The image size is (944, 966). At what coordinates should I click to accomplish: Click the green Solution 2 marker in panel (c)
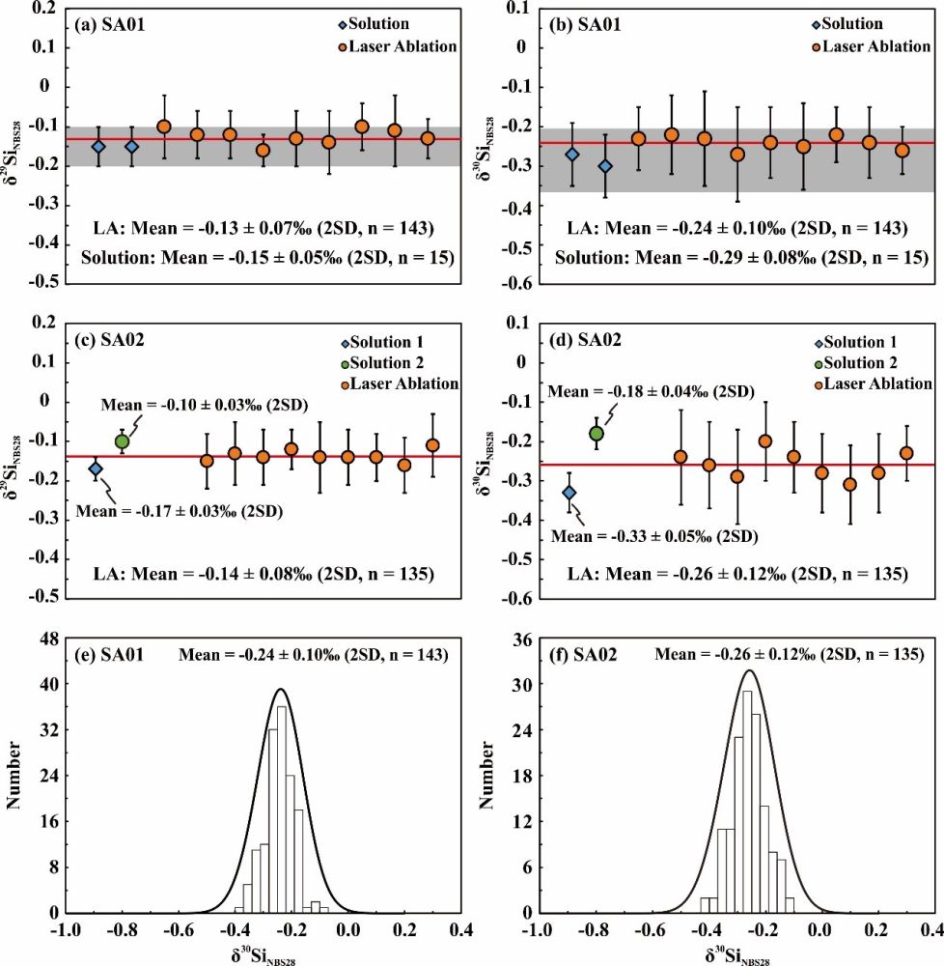122,441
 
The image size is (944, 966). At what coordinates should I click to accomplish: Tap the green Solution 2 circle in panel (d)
597,433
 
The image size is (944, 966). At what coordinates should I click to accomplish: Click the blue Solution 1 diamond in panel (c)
95,469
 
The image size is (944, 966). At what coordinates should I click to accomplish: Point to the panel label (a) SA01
107,24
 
